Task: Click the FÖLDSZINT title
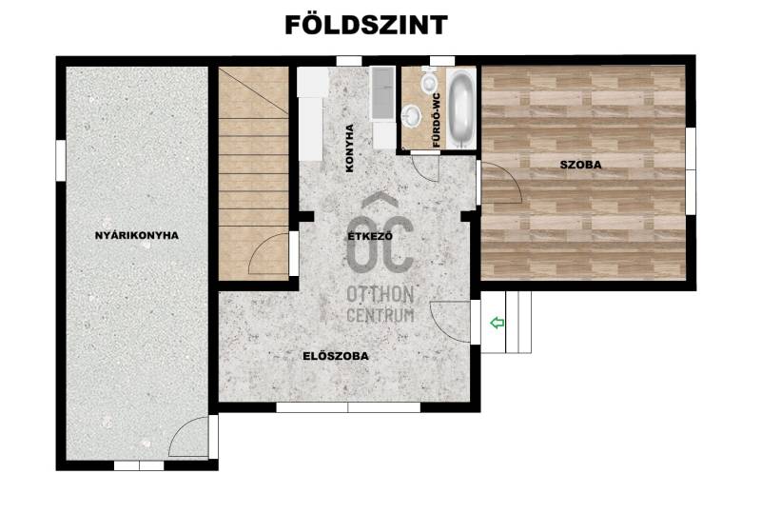click(366, 25)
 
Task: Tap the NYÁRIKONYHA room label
click(137, 236)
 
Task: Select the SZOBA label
click(580, 165)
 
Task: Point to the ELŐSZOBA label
click(336, 356)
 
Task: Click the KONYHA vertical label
click(349, 148)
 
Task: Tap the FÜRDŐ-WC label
click(437, 121)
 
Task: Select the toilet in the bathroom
click(429, 81)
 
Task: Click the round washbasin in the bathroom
click(412, 116)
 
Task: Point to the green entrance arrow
click(498, 323)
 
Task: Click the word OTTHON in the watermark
click(380, 294)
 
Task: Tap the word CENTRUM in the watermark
click(380, 314)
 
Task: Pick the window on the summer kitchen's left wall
click(61, 160)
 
